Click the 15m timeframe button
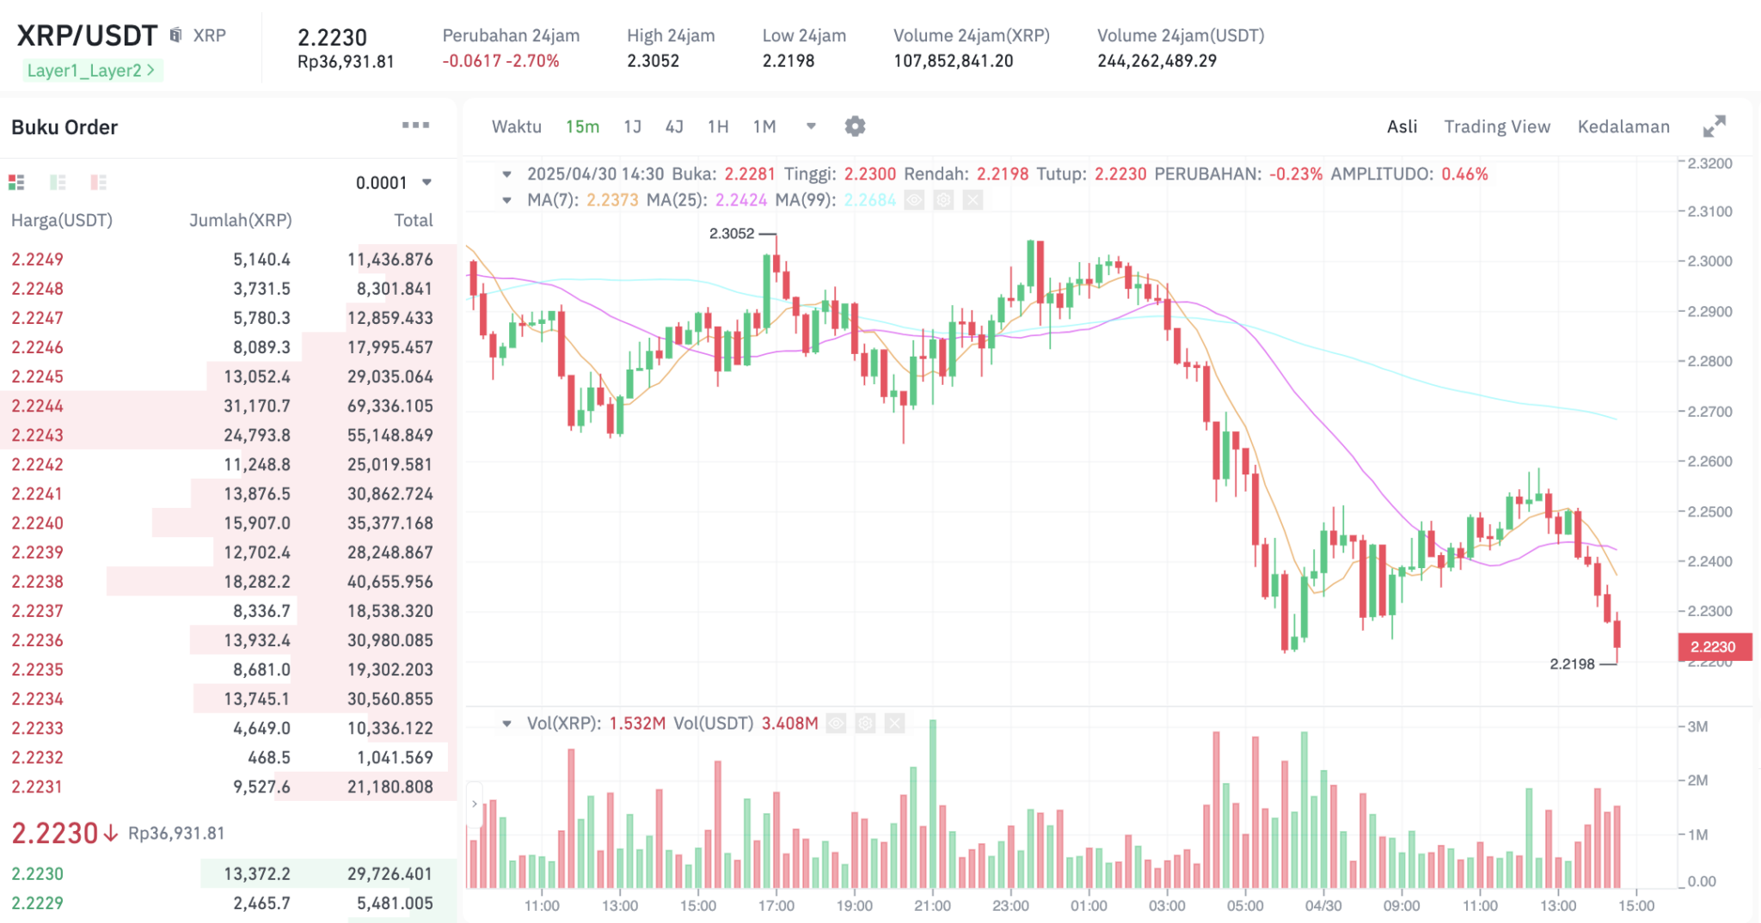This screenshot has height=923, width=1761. click(x=582, y=126)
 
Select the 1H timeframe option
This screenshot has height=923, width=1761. click(x=718, y=126)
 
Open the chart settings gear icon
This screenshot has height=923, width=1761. click(x=855, y=126)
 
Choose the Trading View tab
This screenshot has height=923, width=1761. click(x=1497, y=126)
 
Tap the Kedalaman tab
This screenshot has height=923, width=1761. click(x=1623, y=126)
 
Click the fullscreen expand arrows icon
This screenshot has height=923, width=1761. click(x=1714, y=126)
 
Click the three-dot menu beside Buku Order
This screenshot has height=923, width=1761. click(x=415, y=125)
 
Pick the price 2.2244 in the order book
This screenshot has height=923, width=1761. click(x=38, y=406)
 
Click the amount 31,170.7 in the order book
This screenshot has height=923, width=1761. click(x=257, y=406)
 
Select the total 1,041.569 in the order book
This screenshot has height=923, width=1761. click(x=395, y=757)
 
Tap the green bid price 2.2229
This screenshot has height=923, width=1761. click(x=38, y=902)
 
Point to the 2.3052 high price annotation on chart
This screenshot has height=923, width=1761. click(x=732, y=233)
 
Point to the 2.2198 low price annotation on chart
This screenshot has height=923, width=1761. click(x=1572, y=663)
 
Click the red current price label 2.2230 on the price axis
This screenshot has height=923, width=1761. click(x=1713, y=647)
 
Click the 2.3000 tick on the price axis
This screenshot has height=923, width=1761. click(x=1709, y=261)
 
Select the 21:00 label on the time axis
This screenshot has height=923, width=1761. click(x=932, y=906)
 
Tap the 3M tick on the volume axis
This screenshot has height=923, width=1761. click(x=1697, y=727)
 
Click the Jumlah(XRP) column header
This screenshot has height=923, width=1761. click(x=241, y=220)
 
